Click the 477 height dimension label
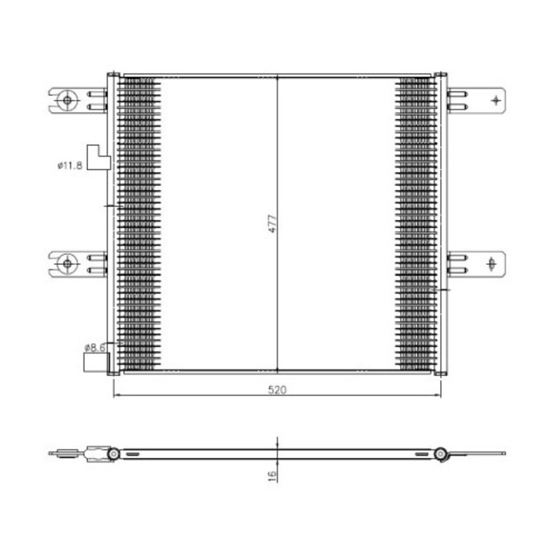(x=273, y=223)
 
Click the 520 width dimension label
(x=277, y=390)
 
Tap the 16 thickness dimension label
(x=273, y=476)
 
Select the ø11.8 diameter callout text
(x=69, y=165)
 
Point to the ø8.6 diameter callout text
(x=95, y=347)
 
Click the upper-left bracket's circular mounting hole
(x=67, y=100)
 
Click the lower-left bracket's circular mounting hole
(x=67, y=264)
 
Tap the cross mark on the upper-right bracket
(x=496, y=100)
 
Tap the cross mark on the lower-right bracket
(x=491, y=264)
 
